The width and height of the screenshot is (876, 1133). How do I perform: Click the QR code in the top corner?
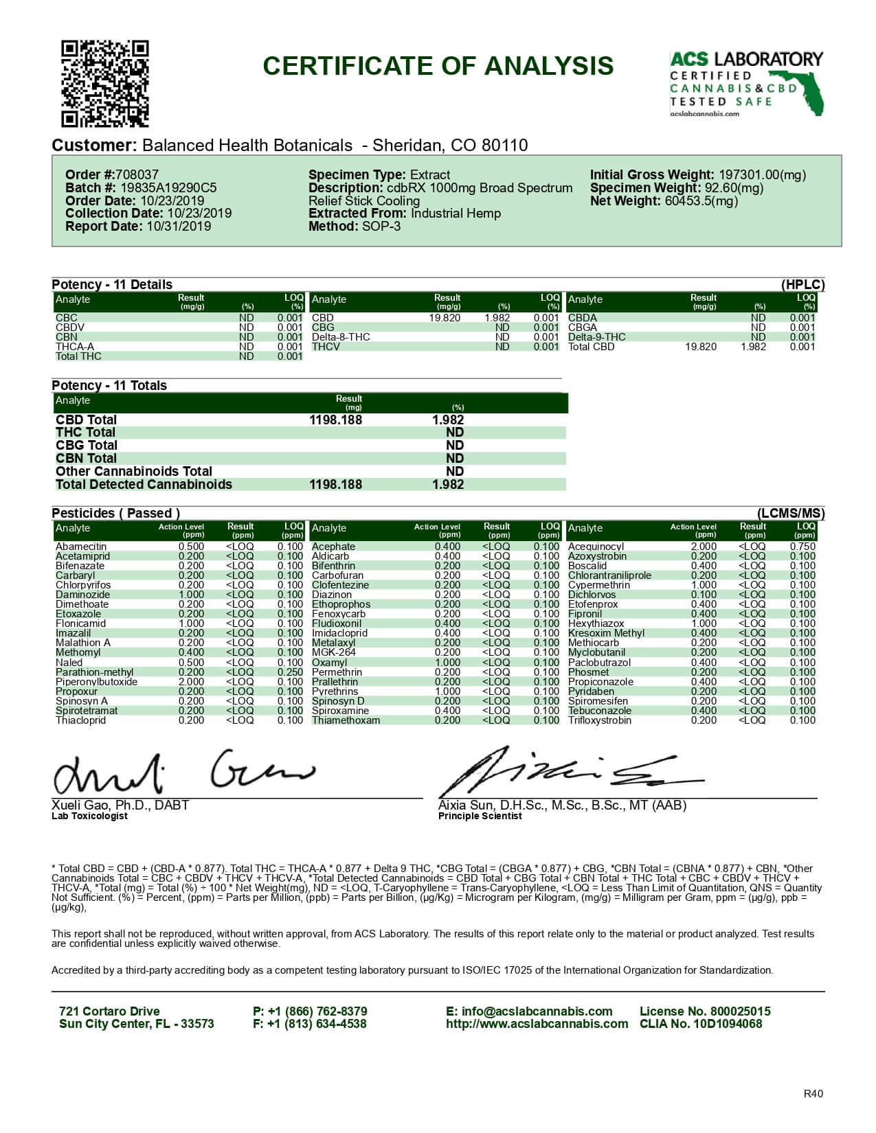(x=105, y=84)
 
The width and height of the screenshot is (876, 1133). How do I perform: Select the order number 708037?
(x=137, y=175)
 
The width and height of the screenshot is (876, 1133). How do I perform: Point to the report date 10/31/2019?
(x=179, y=227)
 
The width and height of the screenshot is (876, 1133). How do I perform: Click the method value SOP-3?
(x=381, y=227)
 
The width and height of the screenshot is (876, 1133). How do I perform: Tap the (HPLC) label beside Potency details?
(x=802, y=285)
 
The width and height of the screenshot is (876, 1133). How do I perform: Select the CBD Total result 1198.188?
(x=335, y=420)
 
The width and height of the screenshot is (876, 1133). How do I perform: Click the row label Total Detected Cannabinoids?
(x=144, y=485)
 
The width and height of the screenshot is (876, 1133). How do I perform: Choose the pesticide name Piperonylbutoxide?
(x=96, y=682)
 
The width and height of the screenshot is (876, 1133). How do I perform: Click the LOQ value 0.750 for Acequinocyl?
(x=802, y=547)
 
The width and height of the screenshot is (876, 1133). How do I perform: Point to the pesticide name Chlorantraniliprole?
(x=609, y=575)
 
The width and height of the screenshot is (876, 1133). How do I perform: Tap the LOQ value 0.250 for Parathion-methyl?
(x=290, y=672)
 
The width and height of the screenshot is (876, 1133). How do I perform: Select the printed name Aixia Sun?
(x=467, y=805)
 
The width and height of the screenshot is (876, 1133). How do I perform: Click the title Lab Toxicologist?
(x=89, y=816)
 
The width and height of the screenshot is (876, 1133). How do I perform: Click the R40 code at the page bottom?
(x=813, y=1095)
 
